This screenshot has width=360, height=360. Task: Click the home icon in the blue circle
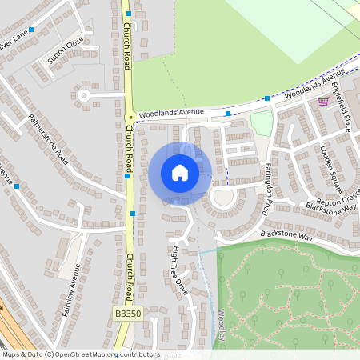[x=179, y=173]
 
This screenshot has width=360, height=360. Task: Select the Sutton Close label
[x=65, y=51]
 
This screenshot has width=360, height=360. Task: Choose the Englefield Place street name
[x=343, y=112]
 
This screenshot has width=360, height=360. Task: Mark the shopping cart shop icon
[x=322, y=102]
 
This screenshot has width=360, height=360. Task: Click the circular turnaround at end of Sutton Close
[x=84, y=96]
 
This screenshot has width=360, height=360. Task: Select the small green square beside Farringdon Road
[x=262, y=122]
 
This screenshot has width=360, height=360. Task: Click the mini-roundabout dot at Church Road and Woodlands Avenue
[x=130, y=117]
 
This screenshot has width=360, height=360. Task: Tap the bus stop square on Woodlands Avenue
[x=228, y=113]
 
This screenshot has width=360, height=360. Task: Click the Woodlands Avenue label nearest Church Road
[x=170, y=113]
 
